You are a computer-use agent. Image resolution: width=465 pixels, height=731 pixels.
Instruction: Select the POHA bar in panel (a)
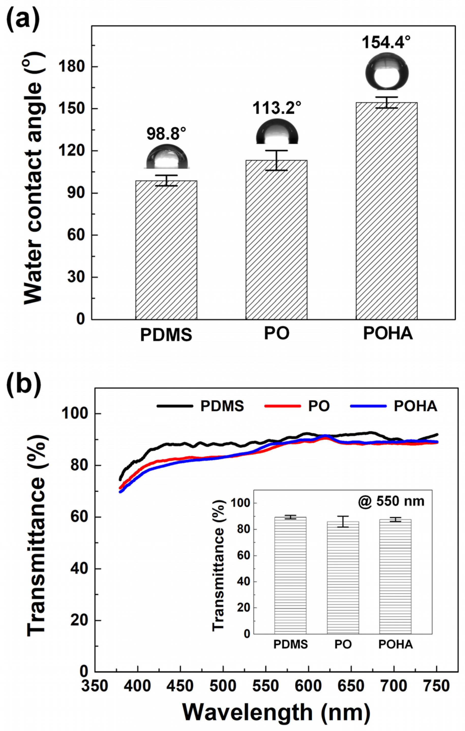coord(386,211)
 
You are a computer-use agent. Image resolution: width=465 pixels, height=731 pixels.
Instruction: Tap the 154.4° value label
coord(386,42)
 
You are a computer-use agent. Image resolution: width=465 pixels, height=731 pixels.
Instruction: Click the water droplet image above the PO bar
coord(277,131)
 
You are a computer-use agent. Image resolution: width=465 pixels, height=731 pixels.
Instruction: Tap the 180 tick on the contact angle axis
coord(76,66)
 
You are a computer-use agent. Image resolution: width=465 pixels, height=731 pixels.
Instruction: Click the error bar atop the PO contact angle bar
coord(276,160)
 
